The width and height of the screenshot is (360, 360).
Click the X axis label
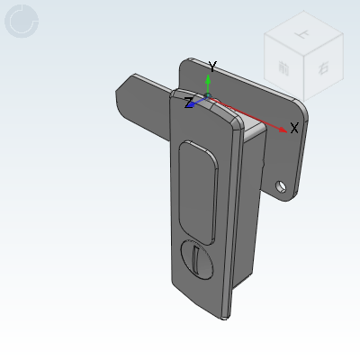[x=294, y=128]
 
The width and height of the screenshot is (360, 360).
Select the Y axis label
[x=212, y=67]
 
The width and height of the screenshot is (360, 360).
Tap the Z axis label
[x=189, y=103]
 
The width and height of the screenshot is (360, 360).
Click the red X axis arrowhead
[x=283, y=130]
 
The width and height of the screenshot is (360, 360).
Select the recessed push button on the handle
[x=197, y=192]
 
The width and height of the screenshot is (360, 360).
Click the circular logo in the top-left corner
[x=22, y=22]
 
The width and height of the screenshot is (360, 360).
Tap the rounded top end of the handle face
[x=202, y=107]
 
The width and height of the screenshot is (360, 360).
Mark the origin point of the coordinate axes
[x=208, y=96]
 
